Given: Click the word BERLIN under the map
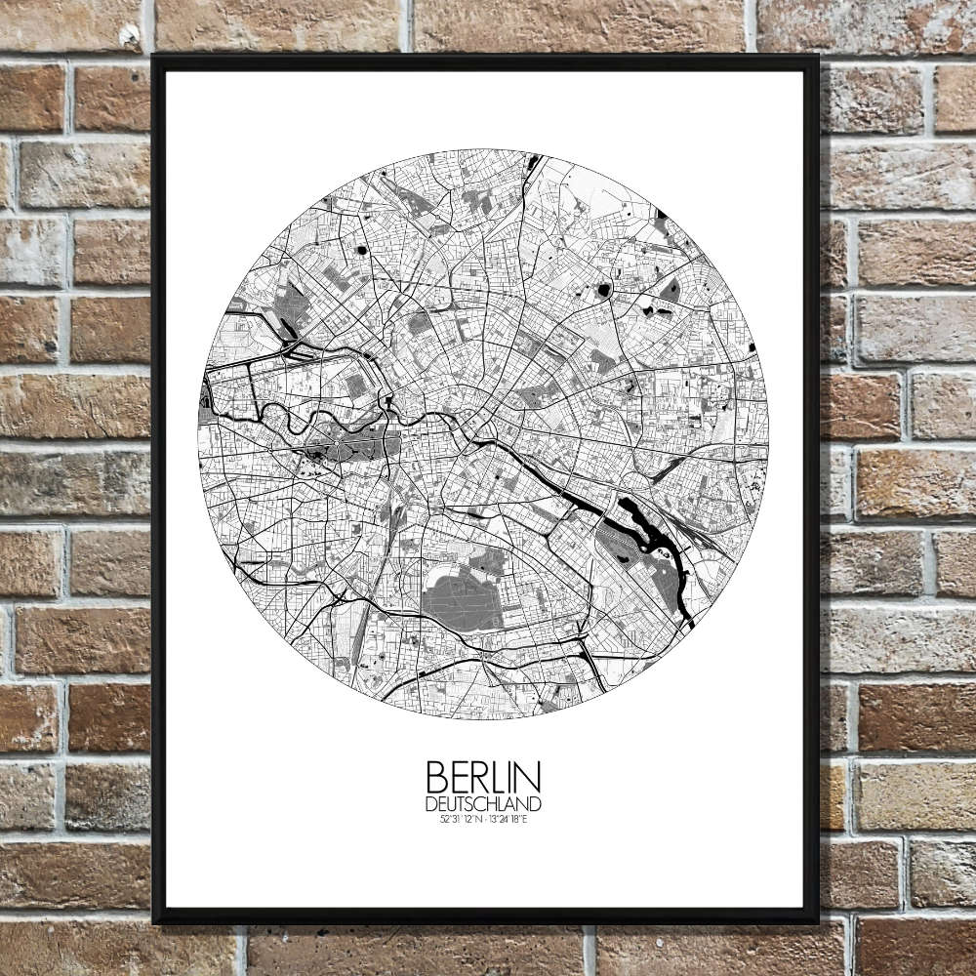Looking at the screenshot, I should [x=483, y=777].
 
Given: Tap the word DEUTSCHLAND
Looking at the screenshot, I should [x=483, y=803].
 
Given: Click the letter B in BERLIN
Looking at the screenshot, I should [x=436, y=777].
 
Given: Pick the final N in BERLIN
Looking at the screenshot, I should [x=530, y=777].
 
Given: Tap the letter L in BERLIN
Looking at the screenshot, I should [x=494, y=777].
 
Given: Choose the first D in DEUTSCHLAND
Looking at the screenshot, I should [x=430, y=803].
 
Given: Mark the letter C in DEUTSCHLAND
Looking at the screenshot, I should [x=475, y=803].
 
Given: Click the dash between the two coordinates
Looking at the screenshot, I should [x=485, y=817].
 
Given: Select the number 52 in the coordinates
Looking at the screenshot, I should [x=444, y=817].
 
